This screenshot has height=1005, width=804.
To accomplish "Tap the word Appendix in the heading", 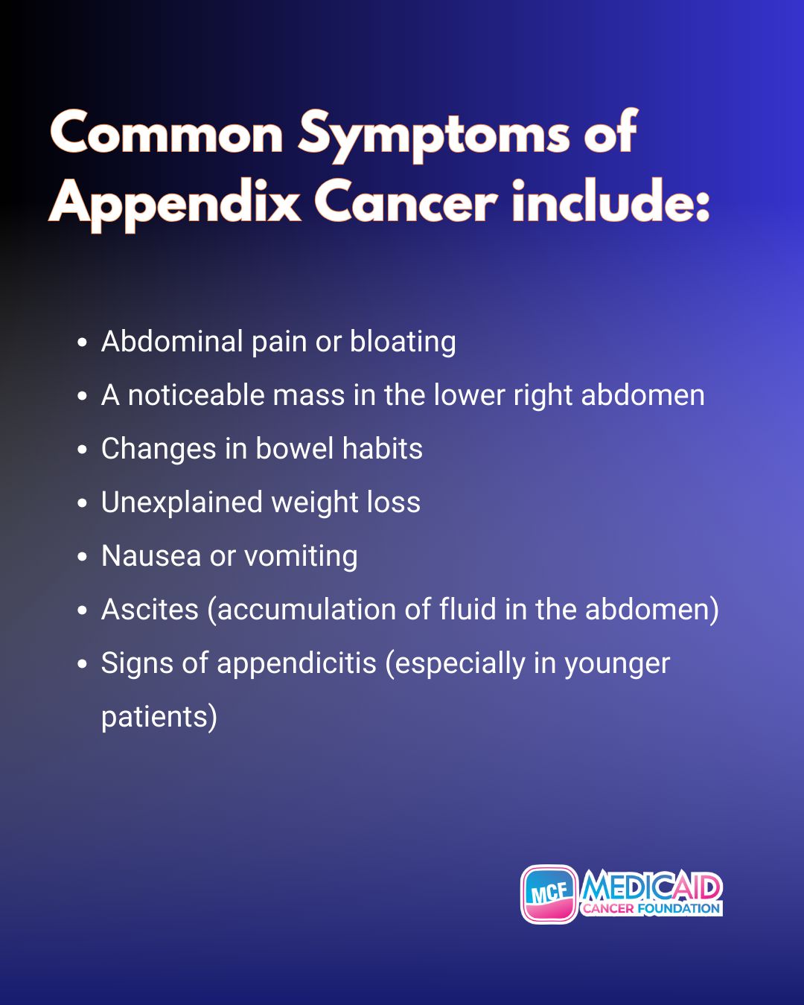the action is tap(174, 204).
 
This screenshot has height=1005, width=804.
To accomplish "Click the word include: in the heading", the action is tap(610, 200).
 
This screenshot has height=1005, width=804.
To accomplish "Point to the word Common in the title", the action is tap(166, 133).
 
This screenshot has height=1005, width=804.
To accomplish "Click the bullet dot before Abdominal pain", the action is tap(82, 342).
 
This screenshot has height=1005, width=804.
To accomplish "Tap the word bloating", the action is tap(403, 342).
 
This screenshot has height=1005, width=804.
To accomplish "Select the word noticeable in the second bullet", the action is tap(197, 395).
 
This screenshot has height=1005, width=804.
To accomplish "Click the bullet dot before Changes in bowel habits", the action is tap(82, 449).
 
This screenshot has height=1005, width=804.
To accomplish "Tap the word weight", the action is tap(315, 503).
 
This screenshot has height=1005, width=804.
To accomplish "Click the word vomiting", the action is tap(301, 557).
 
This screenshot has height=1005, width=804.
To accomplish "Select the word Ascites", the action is tap(150, 610).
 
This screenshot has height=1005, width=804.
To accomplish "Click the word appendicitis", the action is tap(296, 663).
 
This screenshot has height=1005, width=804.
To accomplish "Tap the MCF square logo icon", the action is tap(549, 894).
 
